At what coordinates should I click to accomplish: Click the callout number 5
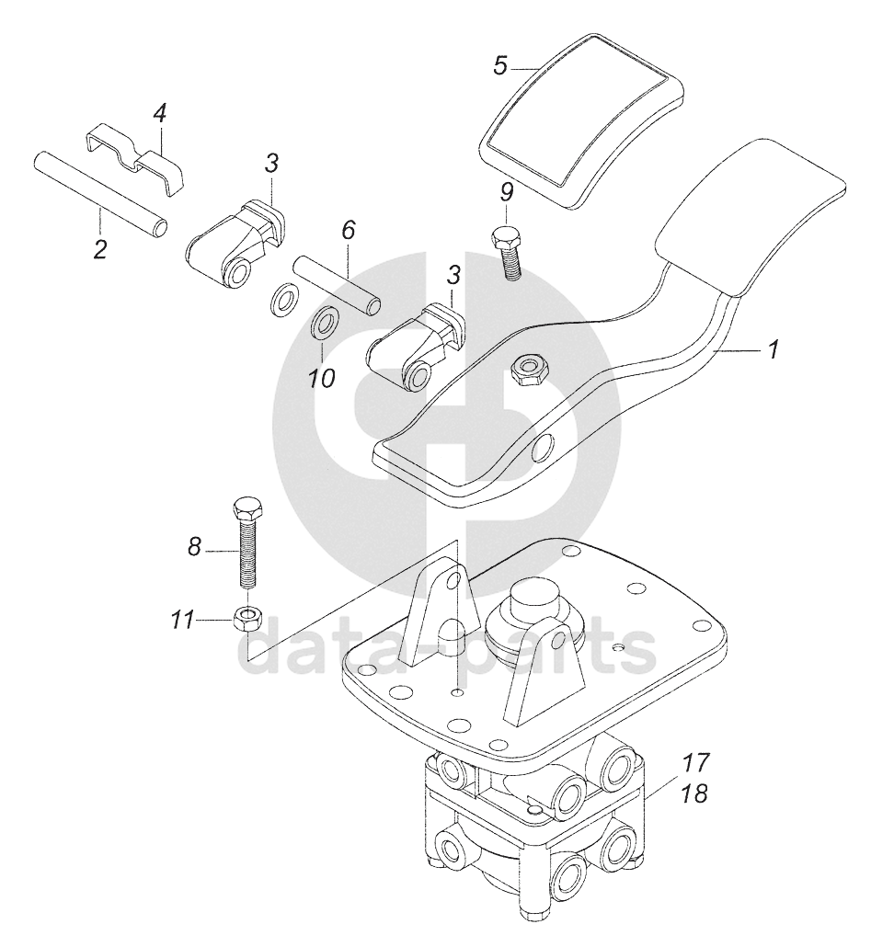[499, 66]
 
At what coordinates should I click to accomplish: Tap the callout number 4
[159, 113]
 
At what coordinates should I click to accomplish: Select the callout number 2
[100, 248]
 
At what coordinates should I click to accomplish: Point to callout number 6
[348, 230]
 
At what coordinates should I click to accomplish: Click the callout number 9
[506, 193]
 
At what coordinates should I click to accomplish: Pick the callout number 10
[321, 379]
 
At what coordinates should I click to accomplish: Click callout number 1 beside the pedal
[774, 349]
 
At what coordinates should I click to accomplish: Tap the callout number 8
[194, 548]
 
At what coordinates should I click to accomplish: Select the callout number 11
[181, 620]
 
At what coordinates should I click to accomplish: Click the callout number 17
[696, 763]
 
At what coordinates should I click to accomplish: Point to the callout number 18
[696, 793]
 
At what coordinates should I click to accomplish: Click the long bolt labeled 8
[246, 543]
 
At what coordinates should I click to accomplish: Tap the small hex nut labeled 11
[247, 617]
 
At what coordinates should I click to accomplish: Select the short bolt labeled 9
[508, 253]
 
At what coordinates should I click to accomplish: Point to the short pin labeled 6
[337, 285]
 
